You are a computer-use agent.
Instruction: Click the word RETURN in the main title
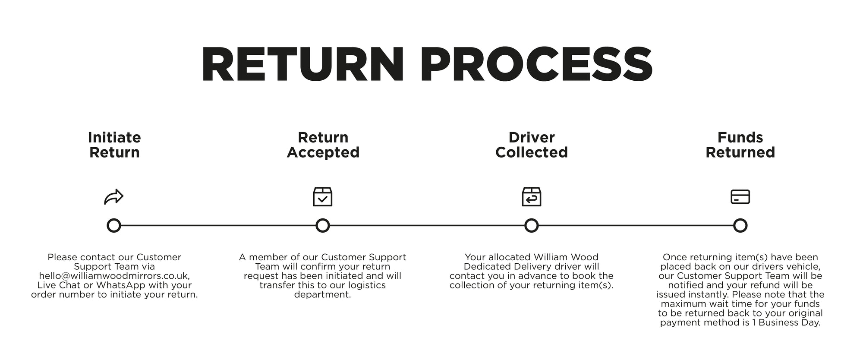(302, 65)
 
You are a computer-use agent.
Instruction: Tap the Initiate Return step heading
(114, 145)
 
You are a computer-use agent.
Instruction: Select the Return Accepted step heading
(323, 145)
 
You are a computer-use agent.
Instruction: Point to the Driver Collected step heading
(531, 145)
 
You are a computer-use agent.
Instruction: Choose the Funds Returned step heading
(740, 145)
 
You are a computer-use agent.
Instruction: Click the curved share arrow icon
(114, 197)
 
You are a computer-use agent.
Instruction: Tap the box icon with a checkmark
(323, 197)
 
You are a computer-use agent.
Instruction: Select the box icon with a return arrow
(531, 197)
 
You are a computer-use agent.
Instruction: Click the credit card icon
(740, 197)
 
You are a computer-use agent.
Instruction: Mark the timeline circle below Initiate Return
(114, 225)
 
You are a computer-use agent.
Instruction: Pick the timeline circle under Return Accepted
(323, 225)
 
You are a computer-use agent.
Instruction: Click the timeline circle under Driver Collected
(531, 225)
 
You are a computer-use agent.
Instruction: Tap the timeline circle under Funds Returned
(740, 225)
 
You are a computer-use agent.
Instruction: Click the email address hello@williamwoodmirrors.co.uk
(114, 276)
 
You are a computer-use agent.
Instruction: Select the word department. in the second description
(322, 295)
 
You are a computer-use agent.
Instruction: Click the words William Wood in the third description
(566, 257)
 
